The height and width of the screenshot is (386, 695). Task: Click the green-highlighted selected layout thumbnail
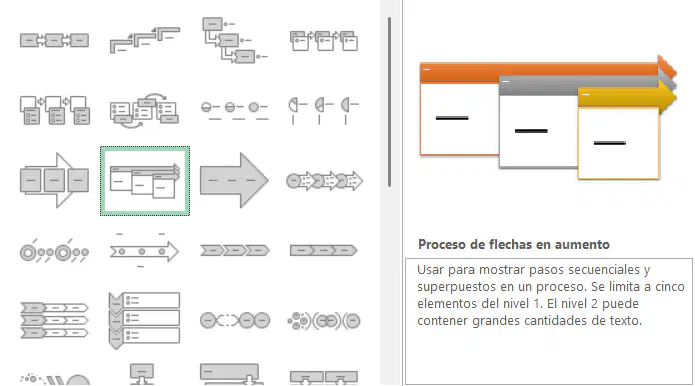point(145,181)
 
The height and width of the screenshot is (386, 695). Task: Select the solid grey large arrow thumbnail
point(234,181)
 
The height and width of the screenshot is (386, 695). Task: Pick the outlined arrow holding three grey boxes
point(54,181)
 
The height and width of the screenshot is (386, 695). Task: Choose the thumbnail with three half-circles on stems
point(324,110)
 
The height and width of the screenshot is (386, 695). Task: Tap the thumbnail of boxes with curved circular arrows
point(144,110)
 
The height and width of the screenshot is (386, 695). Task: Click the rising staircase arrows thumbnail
point(145,40)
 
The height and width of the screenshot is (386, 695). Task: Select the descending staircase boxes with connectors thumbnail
point(234,40)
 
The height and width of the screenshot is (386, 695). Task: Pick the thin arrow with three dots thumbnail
point(144,251)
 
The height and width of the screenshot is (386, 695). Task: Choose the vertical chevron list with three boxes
point(144,320)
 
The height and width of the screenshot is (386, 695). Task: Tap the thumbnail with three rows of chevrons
point(54,320)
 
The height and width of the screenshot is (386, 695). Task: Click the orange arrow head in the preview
point(667,69)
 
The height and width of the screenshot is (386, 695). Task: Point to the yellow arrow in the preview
point(627,97)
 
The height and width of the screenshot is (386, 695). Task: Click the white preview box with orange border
point(459,119)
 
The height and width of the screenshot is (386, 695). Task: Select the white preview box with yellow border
point(619,143)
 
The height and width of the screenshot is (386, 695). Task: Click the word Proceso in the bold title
point(442,244)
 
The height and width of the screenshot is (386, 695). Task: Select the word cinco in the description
point(670,287)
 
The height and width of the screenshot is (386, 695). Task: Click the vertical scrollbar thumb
point(389,102)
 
